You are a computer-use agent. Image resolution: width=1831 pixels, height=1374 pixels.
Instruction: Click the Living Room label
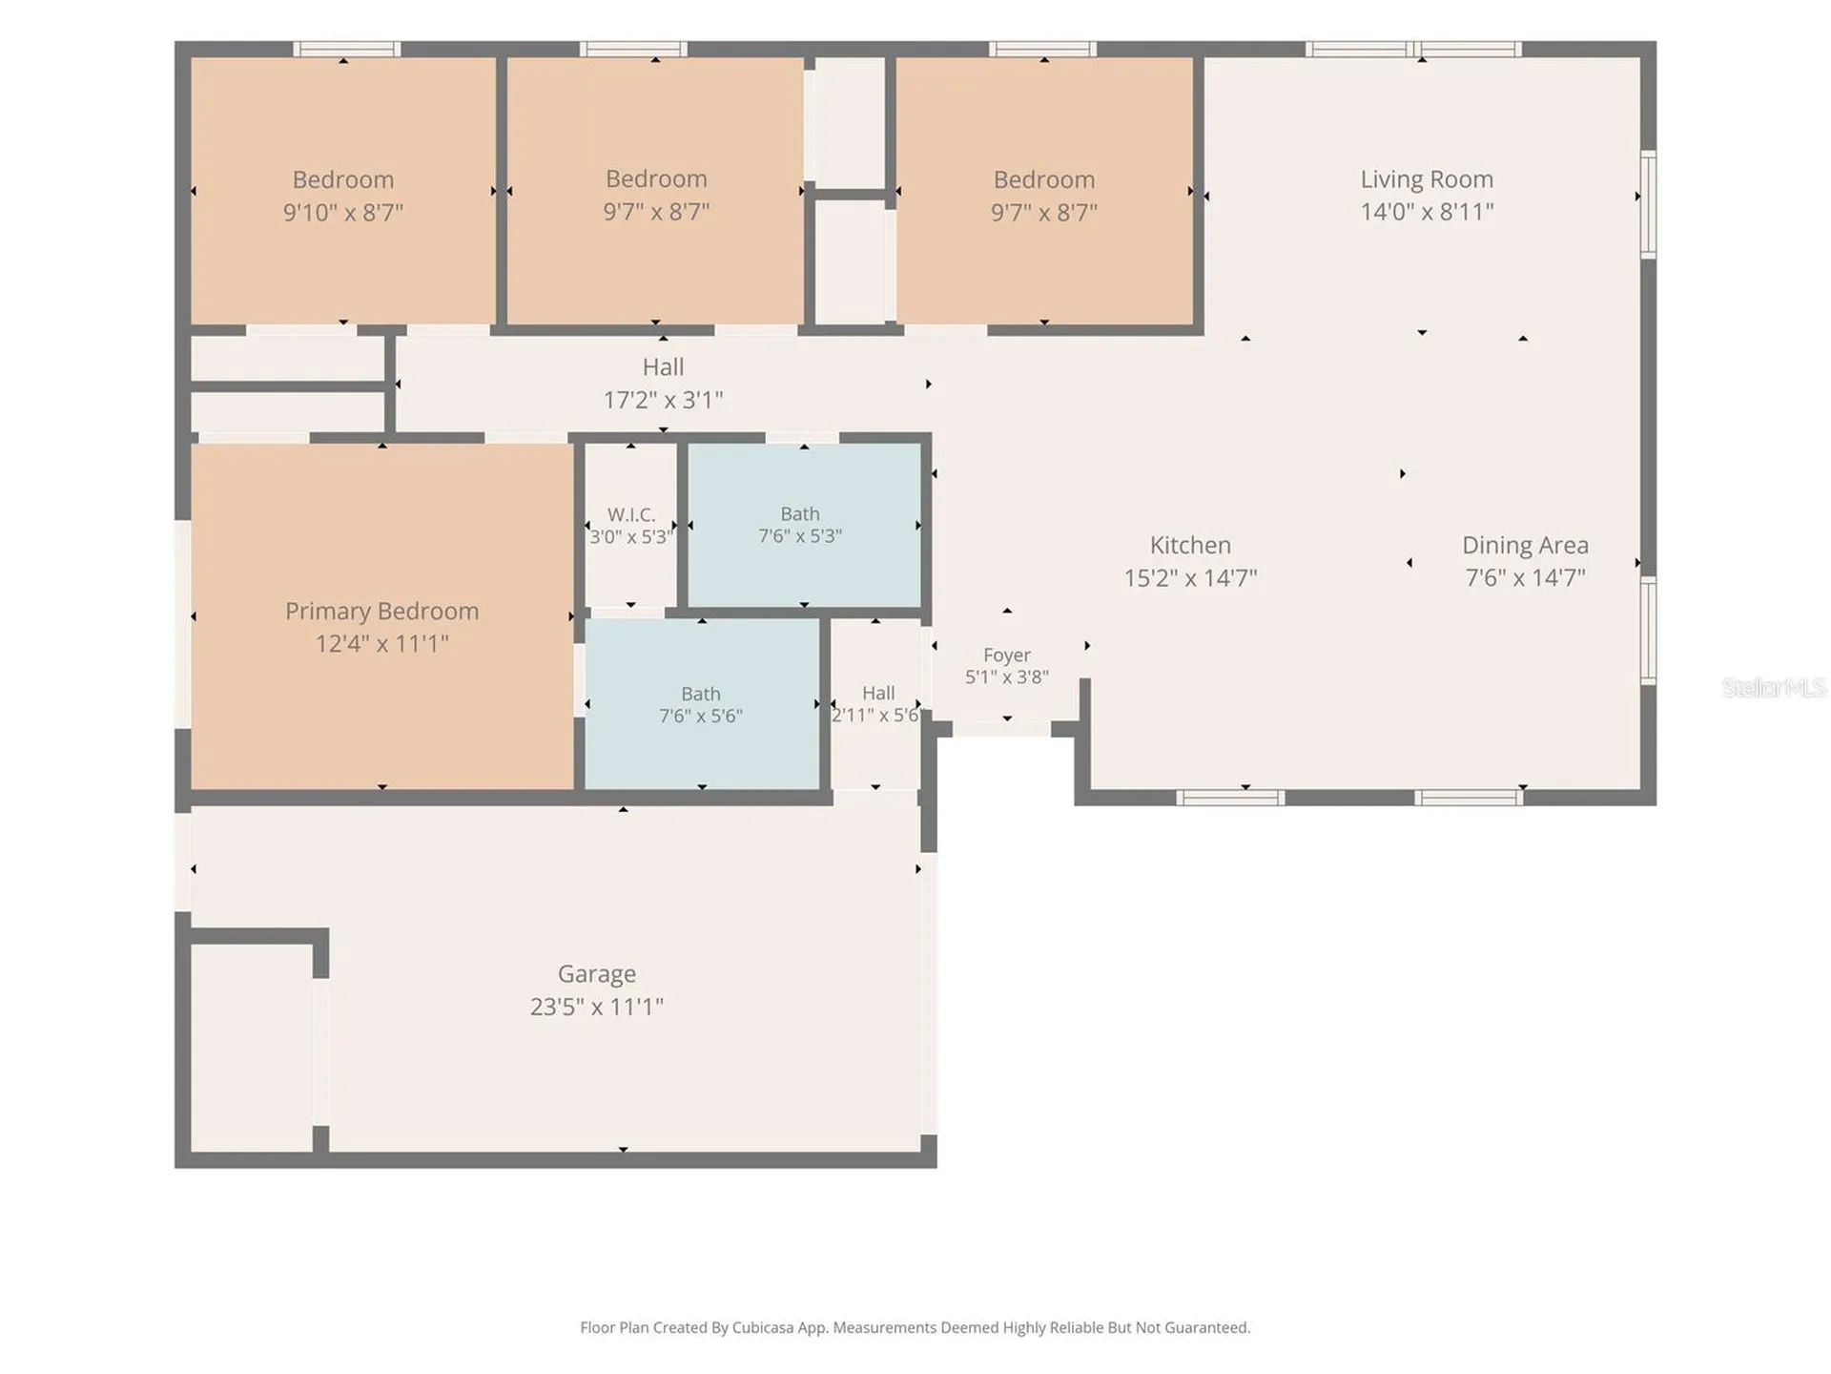pyautogui.click(x=1427, y=179)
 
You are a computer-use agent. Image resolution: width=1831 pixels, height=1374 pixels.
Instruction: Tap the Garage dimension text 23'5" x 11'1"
pyautogui.click(x=597, y=1007)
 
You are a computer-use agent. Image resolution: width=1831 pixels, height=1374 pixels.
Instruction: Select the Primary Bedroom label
pyautogui.click(x=381, y=612)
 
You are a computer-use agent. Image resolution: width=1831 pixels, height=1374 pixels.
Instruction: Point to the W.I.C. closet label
pyautogui.click(x=631, y=515)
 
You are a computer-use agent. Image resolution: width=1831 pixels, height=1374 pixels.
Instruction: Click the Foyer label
pyautogui.click(x=1007, y=656)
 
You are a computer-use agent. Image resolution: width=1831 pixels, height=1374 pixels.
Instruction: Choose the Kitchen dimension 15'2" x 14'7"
pyautogui.click(x=1190, y=578)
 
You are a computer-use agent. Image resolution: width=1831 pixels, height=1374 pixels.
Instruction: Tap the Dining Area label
pyautogui.click(x=1525, y=546)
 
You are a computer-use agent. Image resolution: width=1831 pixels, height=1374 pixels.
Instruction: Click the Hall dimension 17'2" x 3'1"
pyautogui.click(x=663, y=400)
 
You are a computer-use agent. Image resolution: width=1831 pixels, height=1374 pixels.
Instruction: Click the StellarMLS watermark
pyautogui.click(x=1774, y=687)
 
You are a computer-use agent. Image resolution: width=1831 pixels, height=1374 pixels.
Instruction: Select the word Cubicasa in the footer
pyautogui.click(x=763, y=1327)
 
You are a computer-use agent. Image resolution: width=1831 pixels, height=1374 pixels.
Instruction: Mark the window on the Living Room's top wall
pyautogui.click(x=1413, y=49)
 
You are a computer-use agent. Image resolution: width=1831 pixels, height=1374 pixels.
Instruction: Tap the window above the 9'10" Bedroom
pyautogui.click(x=346, y=49)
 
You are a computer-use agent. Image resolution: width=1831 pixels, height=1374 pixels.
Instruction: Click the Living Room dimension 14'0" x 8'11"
pyautogui.click(x=1427, y=212)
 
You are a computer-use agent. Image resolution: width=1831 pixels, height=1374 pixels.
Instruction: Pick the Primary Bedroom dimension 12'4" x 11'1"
pyautogui.click(x=381, y=644)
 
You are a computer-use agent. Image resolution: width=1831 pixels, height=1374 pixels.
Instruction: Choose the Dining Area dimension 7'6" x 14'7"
pyautogui.click(x=1525, y=578)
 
